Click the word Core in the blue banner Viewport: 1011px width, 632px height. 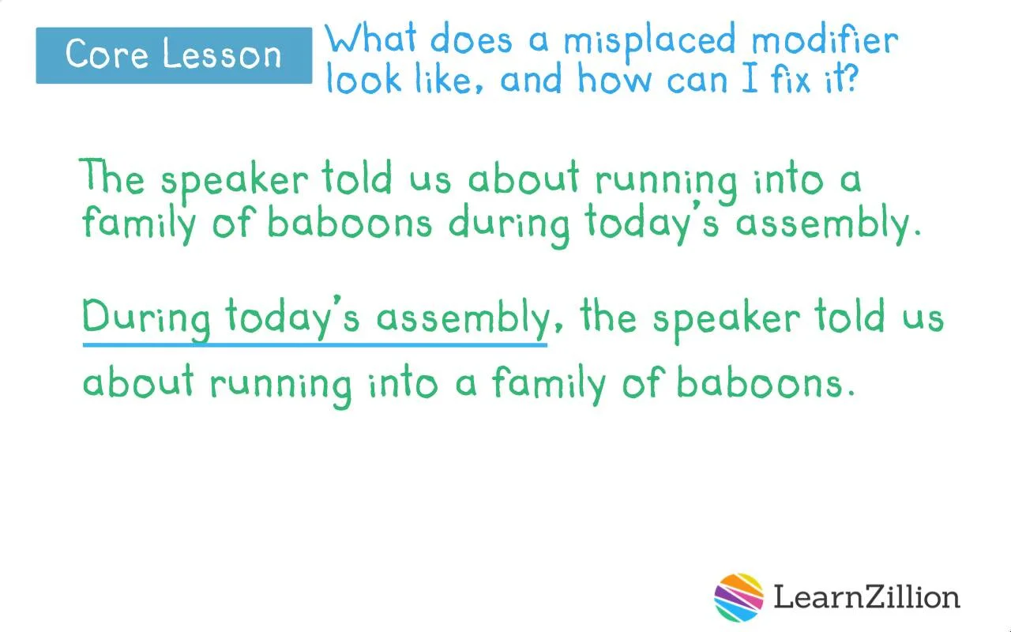[x=107, y=55]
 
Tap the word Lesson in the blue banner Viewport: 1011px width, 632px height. [x=222, y=55]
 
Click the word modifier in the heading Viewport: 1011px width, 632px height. [x=825, y=39]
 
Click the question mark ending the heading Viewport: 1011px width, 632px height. [x=851, y=78]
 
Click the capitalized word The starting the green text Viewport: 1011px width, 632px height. [x=112, y=176]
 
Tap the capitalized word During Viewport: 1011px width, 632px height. [x=146, y=318]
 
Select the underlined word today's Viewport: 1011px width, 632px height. [x=292, y=317]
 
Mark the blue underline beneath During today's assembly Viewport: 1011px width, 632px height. [x=315, y=345]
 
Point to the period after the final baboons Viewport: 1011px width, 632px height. [x=851, y=393]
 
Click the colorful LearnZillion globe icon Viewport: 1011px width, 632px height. [x=739, y=597]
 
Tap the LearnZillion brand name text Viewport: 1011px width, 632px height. [x=867, y=596]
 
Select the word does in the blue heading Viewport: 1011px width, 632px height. [x=472, y=39]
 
